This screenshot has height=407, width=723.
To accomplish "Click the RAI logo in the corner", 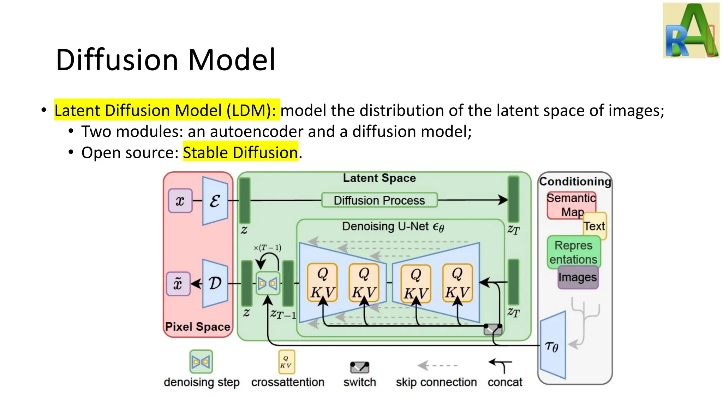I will (x=691, y=30).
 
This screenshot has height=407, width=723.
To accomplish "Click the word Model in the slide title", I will (x=232, y=60).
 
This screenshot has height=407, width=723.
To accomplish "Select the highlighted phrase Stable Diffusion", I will (x=240, y=153).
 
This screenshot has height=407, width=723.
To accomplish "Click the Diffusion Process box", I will (x=379, y=200).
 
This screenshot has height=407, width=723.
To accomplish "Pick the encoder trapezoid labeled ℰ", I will (x=215, y=201).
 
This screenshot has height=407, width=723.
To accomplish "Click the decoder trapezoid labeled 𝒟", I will (x=215, y=283).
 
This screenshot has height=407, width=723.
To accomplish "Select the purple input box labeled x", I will (x=180, y=201).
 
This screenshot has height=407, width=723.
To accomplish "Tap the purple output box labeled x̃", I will (x=178, y=284).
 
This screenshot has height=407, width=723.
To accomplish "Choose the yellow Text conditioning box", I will (x=595, y=226).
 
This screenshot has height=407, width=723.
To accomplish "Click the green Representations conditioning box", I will (x=573, y=252).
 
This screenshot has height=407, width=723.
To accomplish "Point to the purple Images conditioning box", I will (x=578, y=278).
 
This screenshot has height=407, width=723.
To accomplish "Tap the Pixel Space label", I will (x=197, y=326).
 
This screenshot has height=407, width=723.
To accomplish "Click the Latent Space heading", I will (x=379, y=178).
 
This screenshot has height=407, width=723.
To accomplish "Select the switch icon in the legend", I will (x=359, y=367).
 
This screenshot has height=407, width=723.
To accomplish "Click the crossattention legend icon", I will (x=286, y=362).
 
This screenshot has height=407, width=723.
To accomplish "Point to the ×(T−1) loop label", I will (x=267, y=248).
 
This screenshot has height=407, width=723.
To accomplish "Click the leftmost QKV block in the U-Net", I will (x=322, y=283).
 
